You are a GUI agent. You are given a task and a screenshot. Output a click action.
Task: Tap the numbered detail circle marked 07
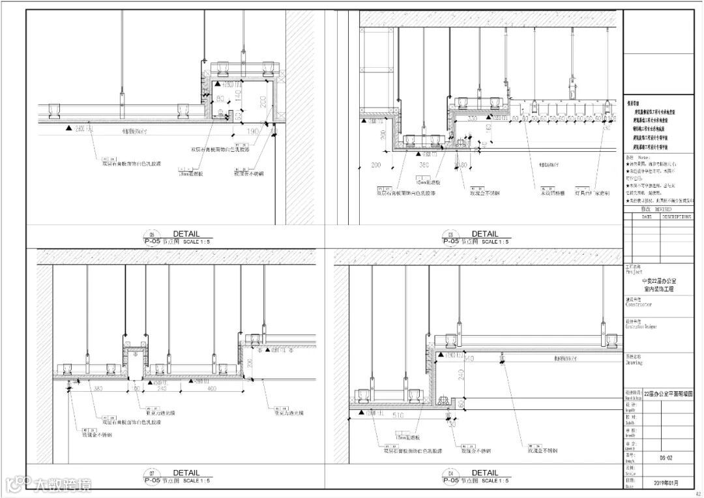(153, 473)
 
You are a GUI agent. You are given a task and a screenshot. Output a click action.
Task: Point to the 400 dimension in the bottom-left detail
(213, 388)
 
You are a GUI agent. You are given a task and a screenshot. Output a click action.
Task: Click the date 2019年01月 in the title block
(665, 483)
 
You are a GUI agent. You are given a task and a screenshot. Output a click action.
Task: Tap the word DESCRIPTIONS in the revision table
(676, 216)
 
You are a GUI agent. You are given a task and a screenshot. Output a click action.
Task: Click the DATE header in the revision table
(647, 216)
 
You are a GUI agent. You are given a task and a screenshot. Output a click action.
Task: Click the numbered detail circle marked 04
(450, 473)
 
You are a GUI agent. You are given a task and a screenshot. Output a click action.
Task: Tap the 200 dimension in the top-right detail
(376, 166)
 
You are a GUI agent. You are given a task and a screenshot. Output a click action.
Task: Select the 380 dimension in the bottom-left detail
(99, 388)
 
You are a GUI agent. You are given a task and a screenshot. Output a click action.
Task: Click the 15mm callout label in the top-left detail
(192, 173)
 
